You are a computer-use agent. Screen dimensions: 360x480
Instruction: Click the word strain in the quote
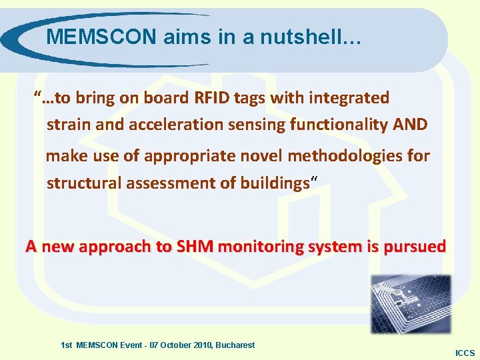click(67, 125)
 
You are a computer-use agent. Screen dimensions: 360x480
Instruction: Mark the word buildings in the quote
click(273, 183)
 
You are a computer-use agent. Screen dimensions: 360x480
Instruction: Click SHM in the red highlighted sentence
click(194, 247)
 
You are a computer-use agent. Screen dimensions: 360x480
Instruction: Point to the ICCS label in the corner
click(464, 353)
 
